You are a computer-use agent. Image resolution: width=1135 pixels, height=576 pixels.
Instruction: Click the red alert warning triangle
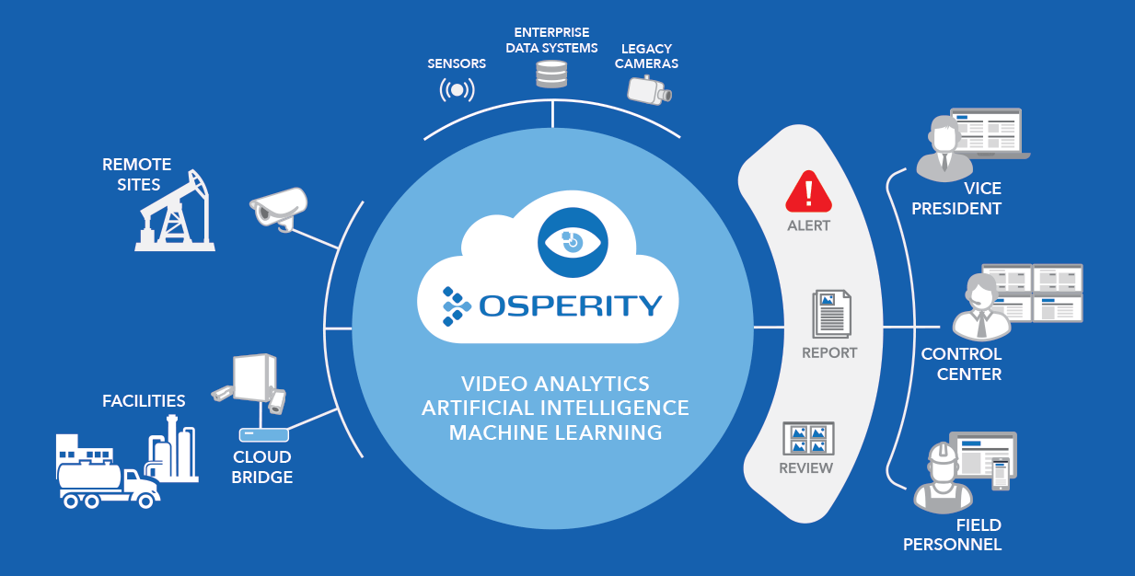click(x=808, y=192)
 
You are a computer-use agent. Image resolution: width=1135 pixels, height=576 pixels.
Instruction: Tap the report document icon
click(x=830, y=314)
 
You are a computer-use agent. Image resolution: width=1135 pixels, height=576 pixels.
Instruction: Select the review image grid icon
click(x=807, y=438)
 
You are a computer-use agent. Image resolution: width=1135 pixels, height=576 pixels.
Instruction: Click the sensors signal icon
click(x=457, y=90)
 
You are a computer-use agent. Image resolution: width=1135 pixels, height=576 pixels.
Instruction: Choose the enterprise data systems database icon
click(x=551, y=74)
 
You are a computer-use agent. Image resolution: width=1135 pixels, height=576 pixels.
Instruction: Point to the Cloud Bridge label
click(x=262, y=467)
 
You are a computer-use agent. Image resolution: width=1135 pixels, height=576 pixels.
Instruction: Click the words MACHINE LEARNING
click(x=555, y=432)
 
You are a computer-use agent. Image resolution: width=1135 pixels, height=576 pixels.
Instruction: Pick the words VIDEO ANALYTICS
click(x=555, y=383)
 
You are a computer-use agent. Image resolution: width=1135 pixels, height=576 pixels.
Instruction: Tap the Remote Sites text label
click(x=137, y=174)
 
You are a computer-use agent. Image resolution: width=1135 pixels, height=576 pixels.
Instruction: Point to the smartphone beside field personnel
click(x=999, y=474)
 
